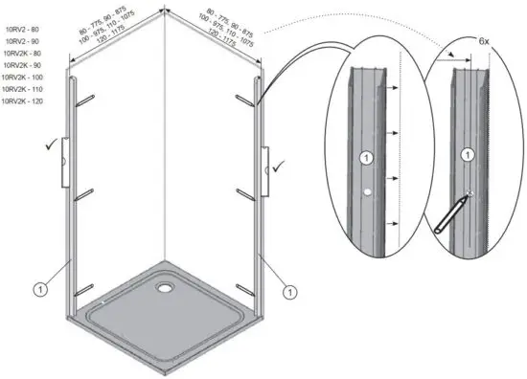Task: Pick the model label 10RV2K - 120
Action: (x=23, y=100)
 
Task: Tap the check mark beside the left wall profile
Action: (x=49, y=145)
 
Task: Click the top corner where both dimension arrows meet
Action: (x=166, y=13)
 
